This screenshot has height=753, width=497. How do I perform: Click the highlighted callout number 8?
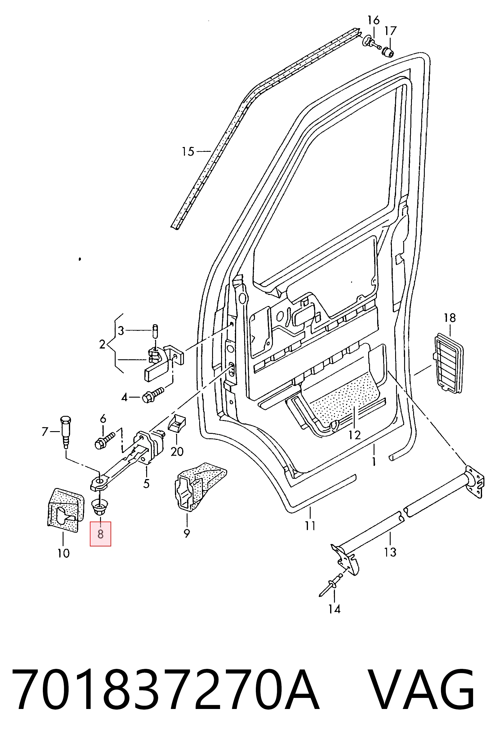pos(100,534)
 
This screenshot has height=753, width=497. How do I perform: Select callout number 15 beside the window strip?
pos(188,151)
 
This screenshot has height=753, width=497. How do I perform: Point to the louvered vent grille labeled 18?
pos(448,363)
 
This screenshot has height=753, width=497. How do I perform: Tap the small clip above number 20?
pos(177,423)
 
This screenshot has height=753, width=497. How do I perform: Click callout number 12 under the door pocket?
pos(355,435)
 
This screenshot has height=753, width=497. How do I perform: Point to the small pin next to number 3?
pos(155,331)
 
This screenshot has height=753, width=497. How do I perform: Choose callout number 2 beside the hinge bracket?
pos(102,344)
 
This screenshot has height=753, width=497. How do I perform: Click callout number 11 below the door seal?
pos(310,526)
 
